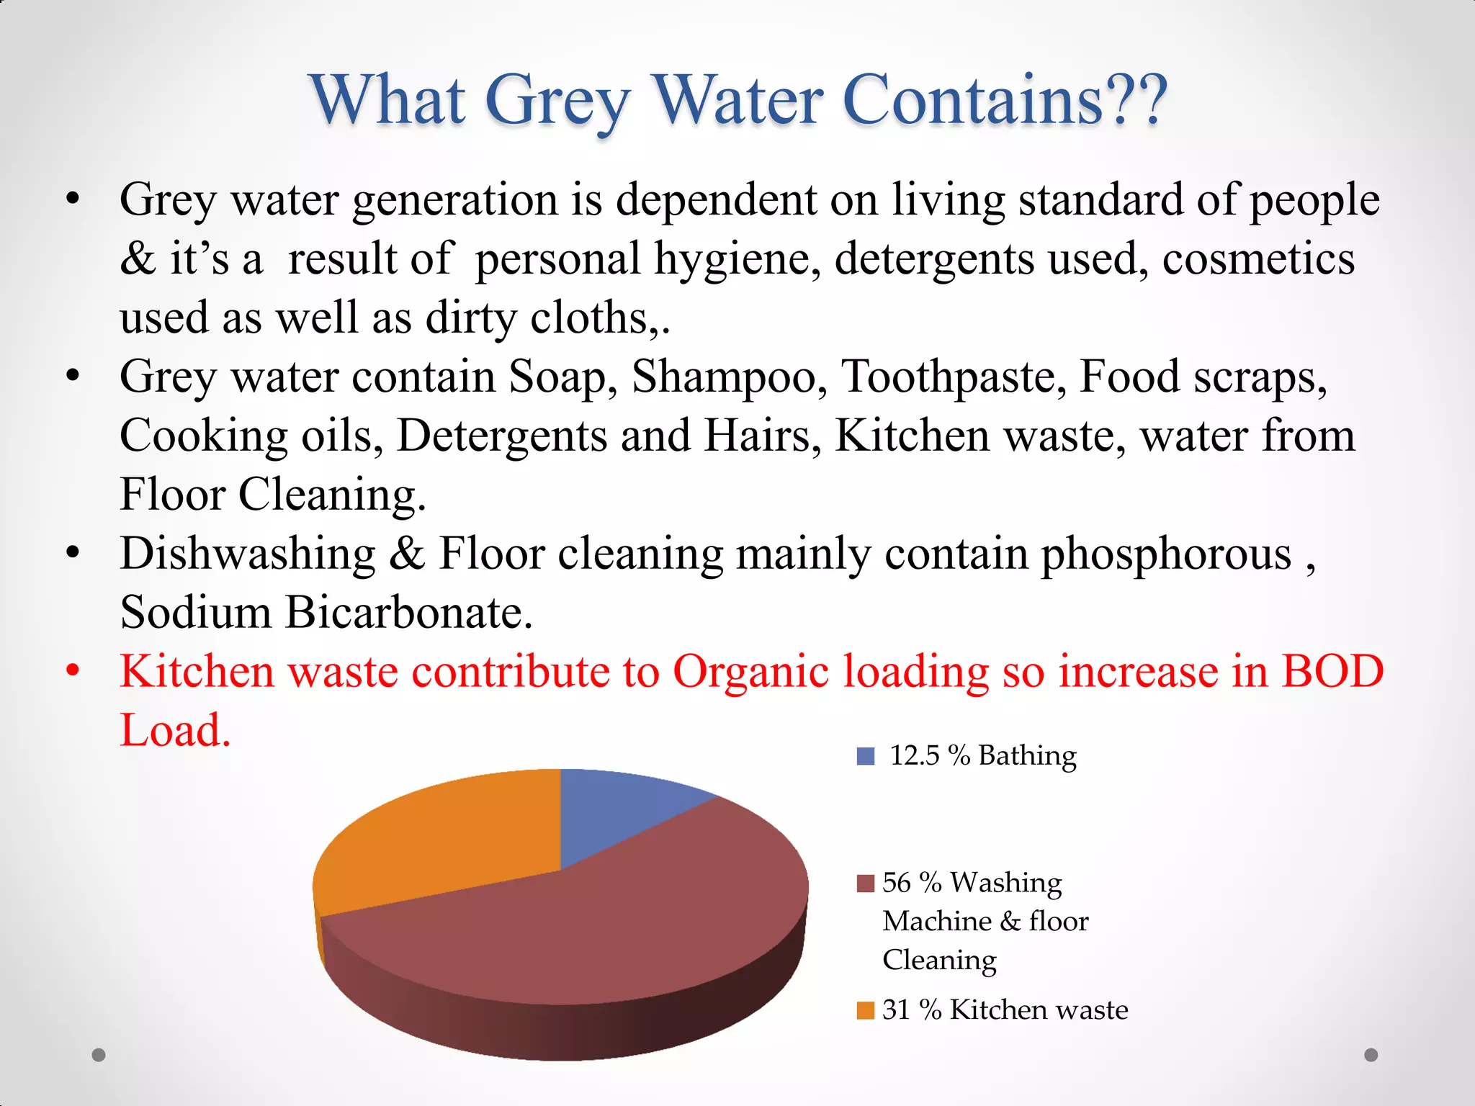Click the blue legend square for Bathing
(865, 756)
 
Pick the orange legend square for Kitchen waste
(865, 1010)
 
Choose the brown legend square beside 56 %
(865, 883)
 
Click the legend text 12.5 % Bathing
(983, 756)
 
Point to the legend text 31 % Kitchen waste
(1005, 1010)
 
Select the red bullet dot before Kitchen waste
(72, 670)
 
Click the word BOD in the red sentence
(1332, 672)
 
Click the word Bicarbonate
(408, 613)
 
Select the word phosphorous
(1166, 554)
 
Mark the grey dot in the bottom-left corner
(99, 1055)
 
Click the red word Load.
(174, 730)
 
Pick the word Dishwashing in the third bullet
(248, 554)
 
